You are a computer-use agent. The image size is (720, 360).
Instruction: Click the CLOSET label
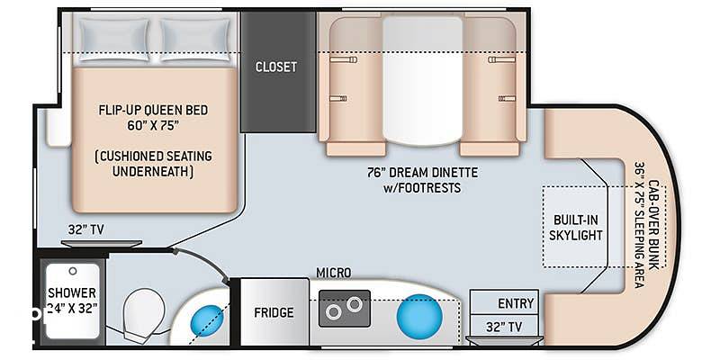click(276, 67)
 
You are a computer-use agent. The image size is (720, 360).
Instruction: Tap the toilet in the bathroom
click(142, 313)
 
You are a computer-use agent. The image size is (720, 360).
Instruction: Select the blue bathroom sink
click(207, 319)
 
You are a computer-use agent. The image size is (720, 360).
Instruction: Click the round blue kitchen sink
click(419, 317)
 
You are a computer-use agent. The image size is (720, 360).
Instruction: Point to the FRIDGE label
click(274, 312)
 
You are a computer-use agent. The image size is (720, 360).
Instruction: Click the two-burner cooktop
click(345, 308)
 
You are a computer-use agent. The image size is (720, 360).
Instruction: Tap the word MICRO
click(333, 273)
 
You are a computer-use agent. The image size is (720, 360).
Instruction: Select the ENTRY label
click(516, 303)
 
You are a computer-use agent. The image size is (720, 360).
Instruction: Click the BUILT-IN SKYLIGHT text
click(575, 228)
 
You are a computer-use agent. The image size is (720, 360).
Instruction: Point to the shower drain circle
click(73, 271)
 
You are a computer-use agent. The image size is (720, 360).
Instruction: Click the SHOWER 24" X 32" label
click(72, 301)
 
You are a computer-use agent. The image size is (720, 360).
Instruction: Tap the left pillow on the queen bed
click(114, 39)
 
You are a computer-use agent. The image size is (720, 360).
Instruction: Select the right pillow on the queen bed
click(196, 39)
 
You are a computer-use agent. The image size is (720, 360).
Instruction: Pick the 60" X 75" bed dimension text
click(153, 126)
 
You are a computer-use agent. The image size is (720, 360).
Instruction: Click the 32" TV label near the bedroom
click(85, 229)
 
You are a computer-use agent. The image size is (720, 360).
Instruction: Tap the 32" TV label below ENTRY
click(504, 327)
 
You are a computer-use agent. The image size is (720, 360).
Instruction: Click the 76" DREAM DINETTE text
click(422, 173)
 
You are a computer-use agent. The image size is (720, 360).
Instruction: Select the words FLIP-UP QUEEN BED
click(153, 110)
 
